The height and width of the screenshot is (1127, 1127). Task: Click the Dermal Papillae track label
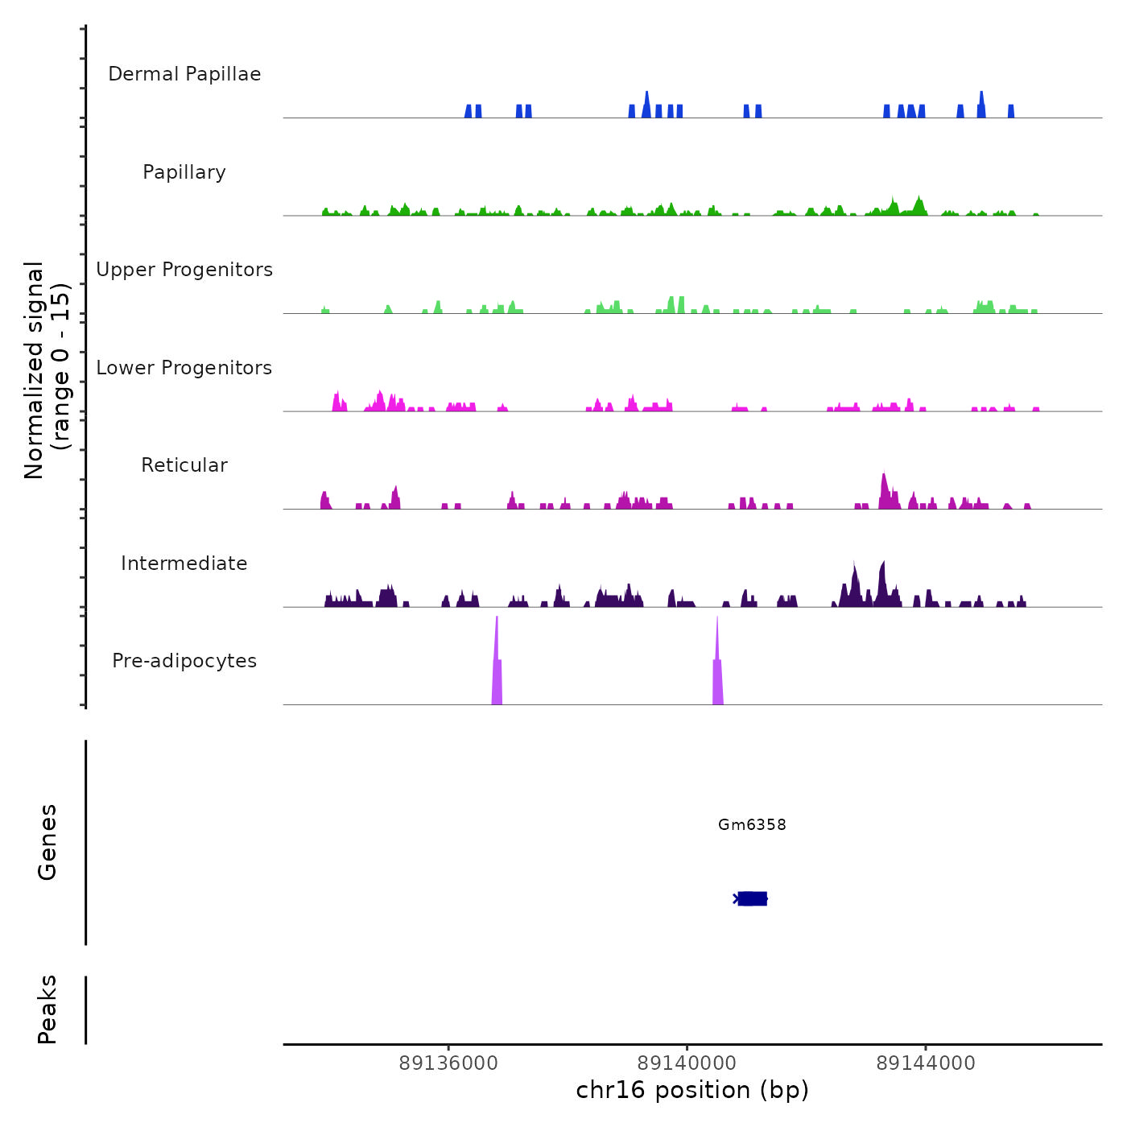tap(184, 74)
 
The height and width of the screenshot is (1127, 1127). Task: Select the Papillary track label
tap(184, 172)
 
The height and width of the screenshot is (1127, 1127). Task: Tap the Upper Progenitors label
tap(184, 270)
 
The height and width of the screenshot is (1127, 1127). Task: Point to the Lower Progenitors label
tap(184, 368)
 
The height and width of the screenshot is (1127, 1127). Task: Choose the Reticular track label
tap(184, 465)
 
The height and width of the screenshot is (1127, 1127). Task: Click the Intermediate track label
tap(184, 563)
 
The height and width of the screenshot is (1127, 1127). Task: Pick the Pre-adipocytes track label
tap(184, 661)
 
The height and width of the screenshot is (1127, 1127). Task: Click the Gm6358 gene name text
tap(752, 824)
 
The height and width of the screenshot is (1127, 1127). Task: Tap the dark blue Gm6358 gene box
tap(753, 898)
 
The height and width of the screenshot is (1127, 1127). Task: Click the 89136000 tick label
tap(448, 1063)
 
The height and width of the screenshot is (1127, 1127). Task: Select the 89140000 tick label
tap(687, 1063)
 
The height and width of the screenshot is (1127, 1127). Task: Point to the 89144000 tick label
tap(926, 1063)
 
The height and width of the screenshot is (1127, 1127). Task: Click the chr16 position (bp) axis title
tap(692, 1090)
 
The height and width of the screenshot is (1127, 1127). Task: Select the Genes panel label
tap(47, 842)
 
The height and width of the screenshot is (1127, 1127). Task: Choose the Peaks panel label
tap(47, 1009)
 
